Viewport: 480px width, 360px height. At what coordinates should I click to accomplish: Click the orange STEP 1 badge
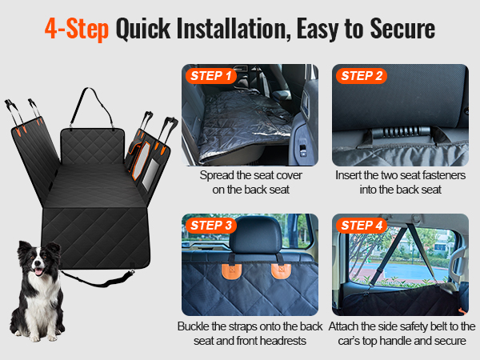coord(211,76)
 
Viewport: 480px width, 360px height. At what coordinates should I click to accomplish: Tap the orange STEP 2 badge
coord(362,76)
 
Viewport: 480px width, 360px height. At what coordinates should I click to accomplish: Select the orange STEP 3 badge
coord(211,226)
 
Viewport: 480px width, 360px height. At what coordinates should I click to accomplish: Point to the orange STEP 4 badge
coord(362,226)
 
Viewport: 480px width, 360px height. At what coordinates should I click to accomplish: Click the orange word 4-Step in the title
coord(77,29)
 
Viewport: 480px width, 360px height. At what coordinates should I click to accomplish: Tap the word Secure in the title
coord(402,28)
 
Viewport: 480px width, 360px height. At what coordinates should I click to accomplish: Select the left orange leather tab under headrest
coord(232,271)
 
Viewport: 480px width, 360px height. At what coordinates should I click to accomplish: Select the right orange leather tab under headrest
coord(281,270)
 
